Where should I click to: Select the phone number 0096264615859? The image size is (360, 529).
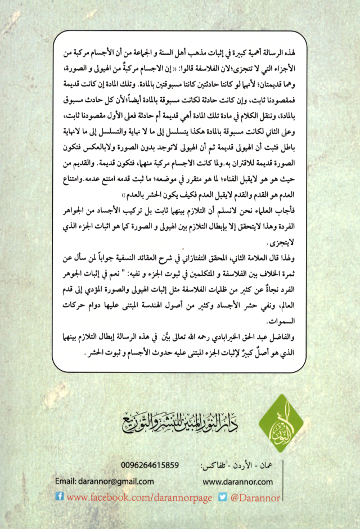151,466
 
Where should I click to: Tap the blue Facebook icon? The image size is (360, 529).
60,497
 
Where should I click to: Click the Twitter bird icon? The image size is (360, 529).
222,497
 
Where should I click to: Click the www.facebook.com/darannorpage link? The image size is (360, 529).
140,497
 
